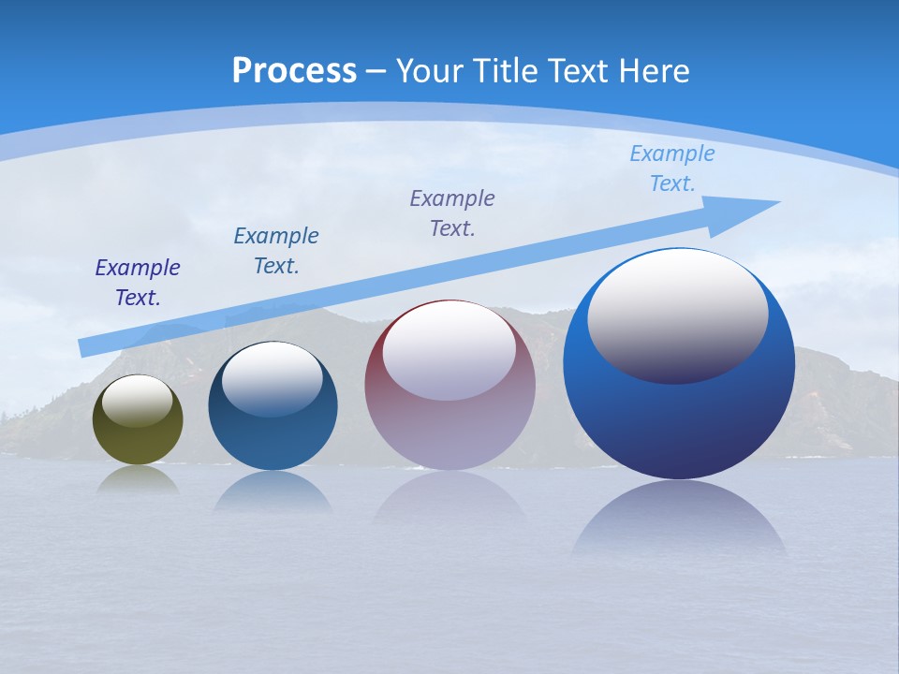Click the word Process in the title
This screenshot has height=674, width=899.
coord(294,71)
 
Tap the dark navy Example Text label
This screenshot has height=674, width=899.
coord(138,283)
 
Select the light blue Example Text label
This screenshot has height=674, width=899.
coord(672,168)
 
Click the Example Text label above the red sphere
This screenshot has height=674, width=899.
coord(452,213)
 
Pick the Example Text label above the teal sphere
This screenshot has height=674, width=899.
coord(276,251)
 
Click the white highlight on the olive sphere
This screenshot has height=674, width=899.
coord(138,401)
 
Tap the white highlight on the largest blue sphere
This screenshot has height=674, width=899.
coord(678,314)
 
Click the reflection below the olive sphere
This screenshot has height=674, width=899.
coord(138,479)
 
